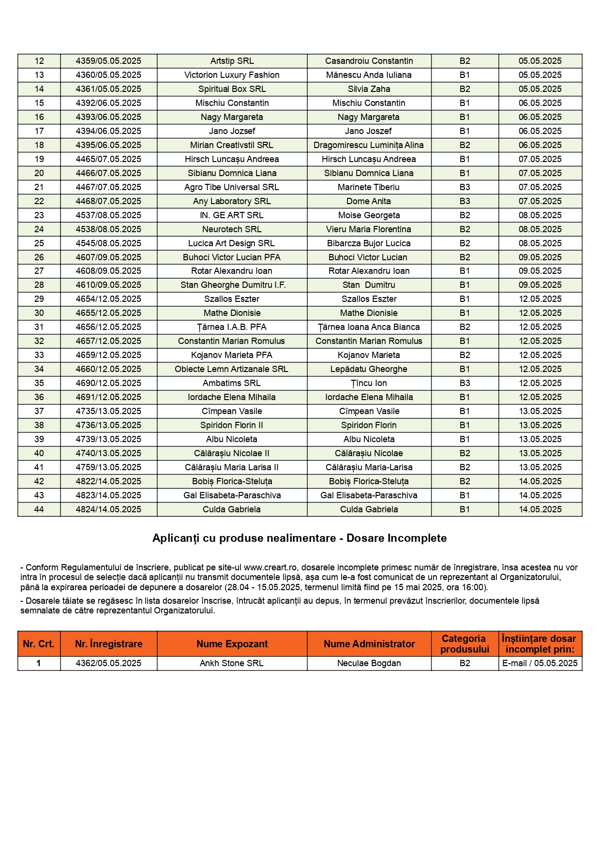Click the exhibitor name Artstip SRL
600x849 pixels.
[x=232, y=61]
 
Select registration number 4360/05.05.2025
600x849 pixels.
[x=108, y=75]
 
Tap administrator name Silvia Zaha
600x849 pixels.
[x=369, y=89]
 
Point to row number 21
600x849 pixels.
[x=39, y=187]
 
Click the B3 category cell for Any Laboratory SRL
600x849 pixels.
[x=465, y=201]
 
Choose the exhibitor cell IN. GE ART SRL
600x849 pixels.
[x=232, y=215]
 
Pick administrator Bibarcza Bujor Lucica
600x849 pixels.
[x=369, y=243]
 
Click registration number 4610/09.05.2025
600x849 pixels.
[x=108, y=285]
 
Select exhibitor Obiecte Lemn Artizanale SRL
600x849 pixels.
[x=232, y=369]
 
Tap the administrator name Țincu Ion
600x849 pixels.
[x=369, y=383]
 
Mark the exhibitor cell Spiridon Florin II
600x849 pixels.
[x=232, y=425]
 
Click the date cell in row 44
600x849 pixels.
[x=540, y=509]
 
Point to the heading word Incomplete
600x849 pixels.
[x=420, y=538]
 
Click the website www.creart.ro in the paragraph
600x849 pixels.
[x=270, y=567]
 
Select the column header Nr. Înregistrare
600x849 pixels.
[x=108, y=644]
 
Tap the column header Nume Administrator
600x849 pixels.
[x=369, y=644]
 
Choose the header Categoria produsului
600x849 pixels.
[x=465, y=644]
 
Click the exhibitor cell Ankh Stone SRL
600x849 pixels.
[x=232, y=663]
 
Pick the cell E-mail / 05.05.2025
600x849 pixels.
[x=540, y=663]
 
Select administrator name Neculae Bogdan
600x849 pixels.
[x=369, y=663]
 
